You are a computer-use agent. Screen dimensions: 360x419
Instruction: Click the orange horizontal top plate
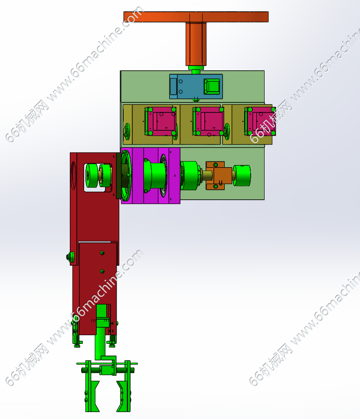click(196, 16)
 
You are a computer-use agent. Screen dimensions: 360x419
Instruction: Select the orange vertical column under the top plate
click(196, 44)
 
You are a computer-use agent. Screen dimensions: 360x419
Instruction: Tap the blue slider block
click(196, 86)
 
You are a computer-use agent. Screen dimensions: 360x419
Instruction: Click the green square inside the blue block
click(212, 86)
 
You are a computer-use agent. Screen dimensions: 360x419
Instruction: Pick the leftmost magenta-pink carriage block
click(160, 121)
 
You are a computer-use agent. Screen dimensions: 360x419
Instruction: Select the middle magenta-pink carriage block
click(209, 121)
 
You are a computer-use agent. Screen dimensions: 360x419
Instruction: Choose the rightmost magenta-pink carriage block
click(260, 121)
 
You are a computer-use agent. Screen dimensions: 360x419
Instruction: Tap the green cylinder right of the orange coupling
click(242, 175)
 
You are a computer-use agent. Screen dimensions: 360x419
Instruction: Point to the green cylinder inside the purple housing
click(155, 175)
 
